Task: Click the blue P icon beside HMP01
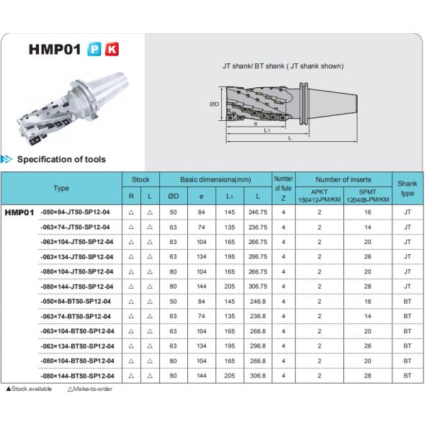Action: tap(94, 50)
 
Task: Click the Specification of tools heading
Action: tap(60, 159)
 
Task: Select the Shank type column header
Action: tap(408, 189)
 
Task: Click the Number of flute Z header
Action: tap(284, 189)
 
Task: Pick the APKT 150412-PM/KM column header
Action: tap(319, 195)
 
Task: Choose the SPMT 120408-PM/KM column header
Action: tap(368, 195)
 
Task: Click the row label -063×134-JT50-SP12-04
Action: tap(76, 257)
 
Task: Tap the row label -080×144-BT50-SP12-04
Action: tap(76, 376)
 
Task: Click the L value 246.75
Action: tap(257, 212)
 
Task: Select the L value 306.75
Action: tap(257, 287)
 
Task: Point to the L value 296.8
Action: tap(257, 346)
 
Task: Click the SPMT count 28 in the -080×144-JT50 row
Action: tap(368, 287)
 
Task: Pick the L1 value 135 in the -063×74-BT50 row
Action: tap(230, 316)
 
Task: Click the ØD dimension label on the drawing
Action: tap(215, 104)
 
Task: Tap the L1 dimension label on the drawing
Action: tap(266, 130)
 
